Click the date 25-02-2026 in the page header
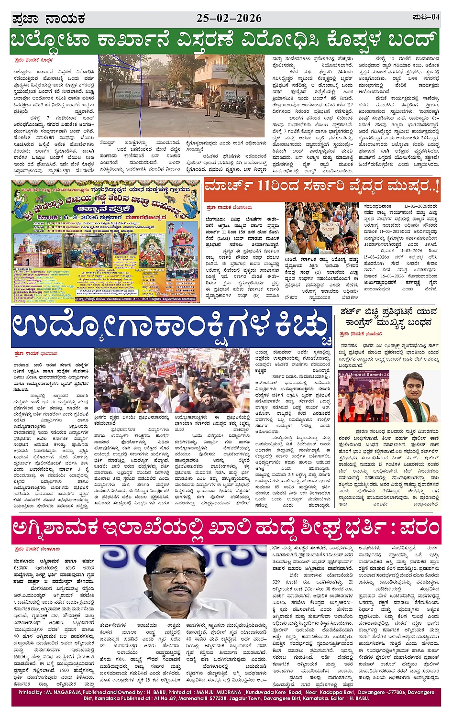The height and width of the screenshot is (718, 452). click(x=229, y=18)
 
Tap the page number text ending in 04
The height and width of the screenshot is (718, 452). click(x=426, y=17)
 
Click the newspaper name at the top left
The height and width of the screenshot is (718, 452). click(x=48, y=19)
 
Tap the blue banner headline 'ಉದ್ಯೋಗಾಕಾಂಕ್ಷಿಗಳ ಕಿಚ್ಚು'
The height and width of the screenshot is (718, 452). click(x=171, y=326)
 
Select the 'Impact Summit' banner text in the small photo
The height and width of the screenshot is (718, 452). click(x=364, y=374)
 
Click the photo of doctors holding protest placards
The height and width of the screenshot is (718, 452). click(x=321, y=228)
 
